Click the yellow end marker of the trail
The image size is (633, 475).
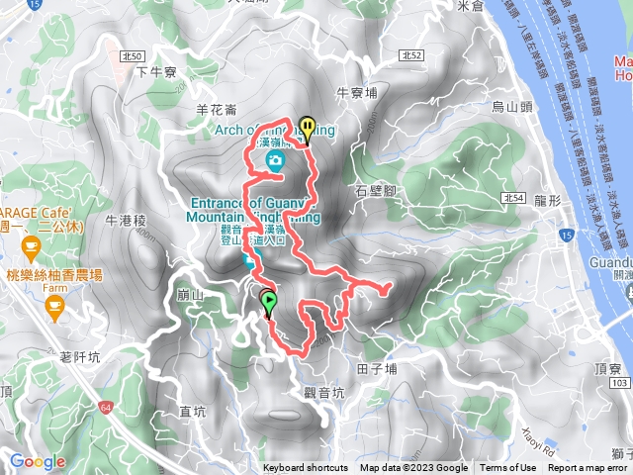tap(308, 127)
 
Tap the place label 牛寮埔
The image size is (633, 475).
tap(357, 93)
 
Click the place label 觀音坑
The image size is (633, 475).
tap(324, 392)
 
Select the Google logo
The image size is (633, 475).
tap(38, 461)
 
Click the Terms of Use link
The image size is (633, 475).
tap(508, 468)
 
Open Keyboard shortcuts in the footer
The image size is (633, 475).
tap(306, 468)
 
